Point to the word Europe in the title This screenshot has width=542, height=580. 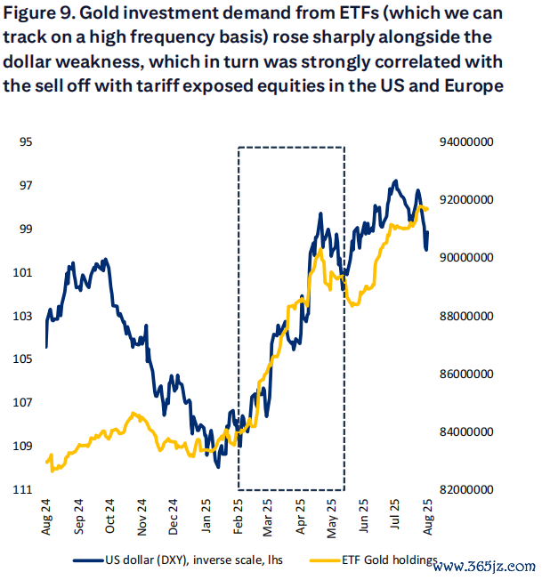[x=471, y=85]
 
